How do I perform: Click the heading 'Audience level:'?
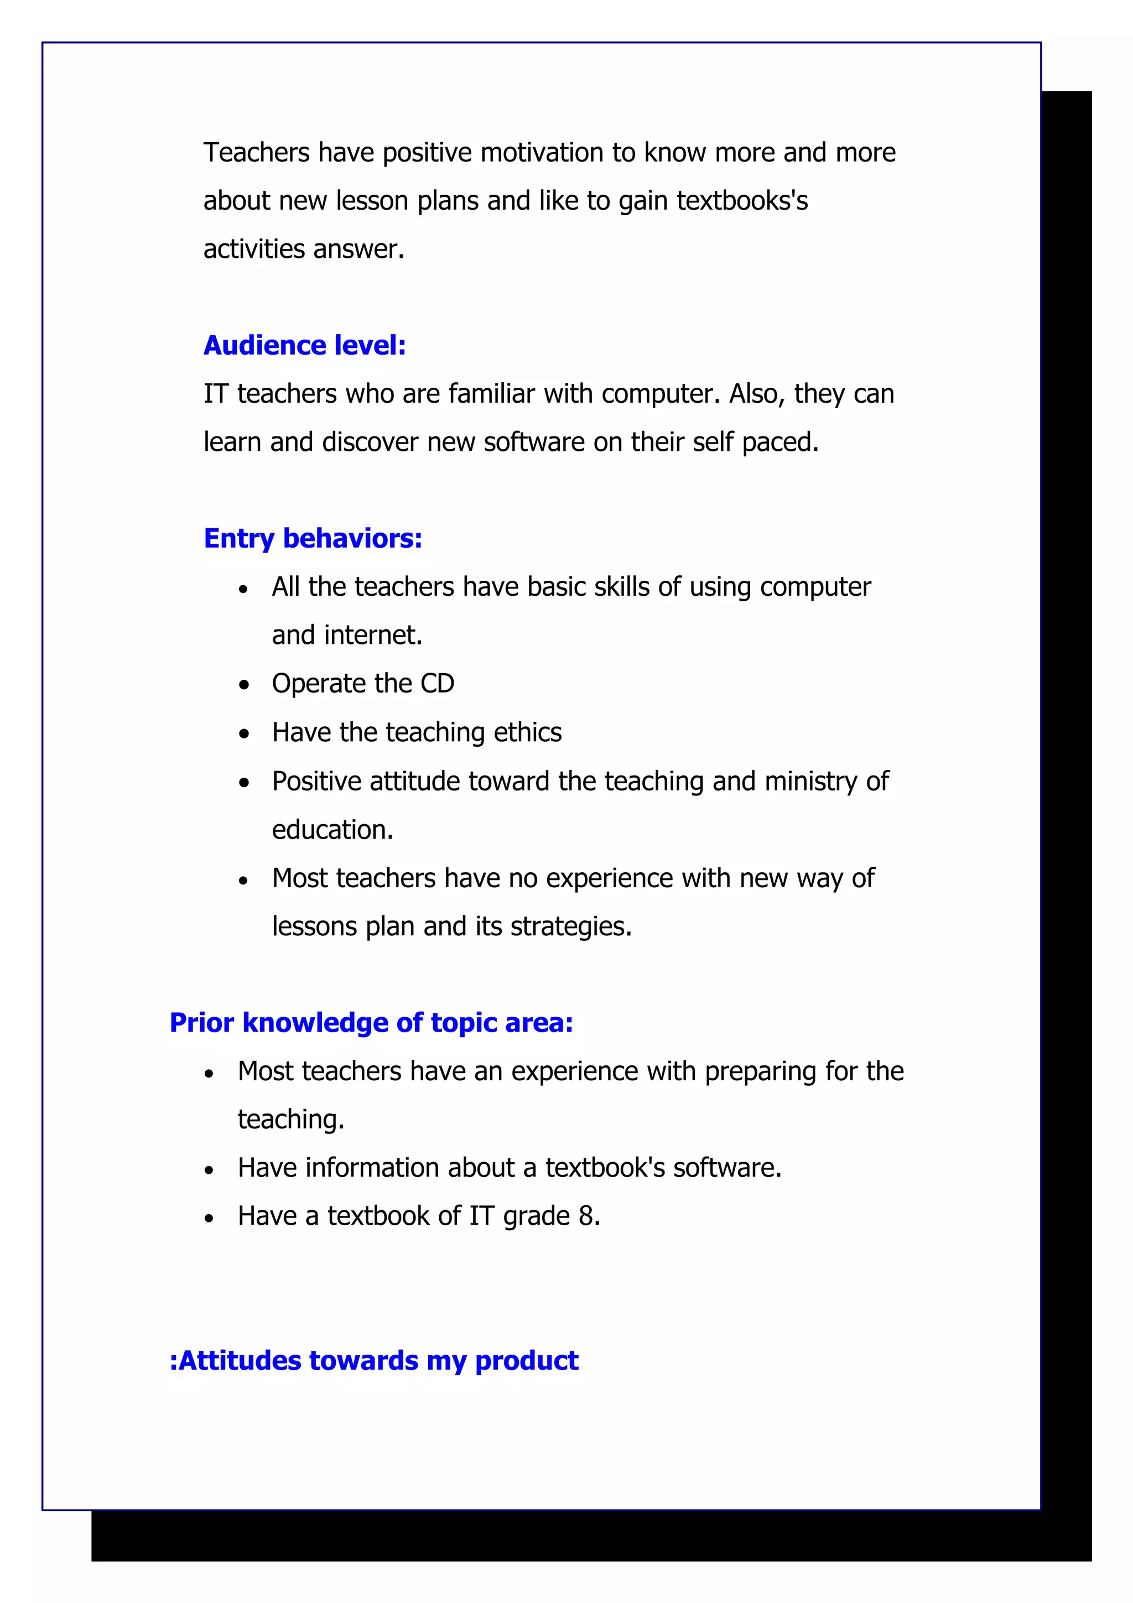point(304,346)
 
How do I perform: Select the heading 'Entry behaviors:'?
point(313,538)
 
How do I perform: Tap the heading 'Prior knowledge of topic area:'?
point(371,1022)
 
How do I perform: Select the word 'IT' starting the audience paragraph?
point(215,394)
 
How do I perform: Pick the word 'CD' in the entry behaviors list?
point(437,684)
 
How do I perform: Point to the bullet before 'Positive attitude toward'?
point(243,783)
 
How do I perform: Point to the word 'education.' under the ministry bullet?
point(332,830)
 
